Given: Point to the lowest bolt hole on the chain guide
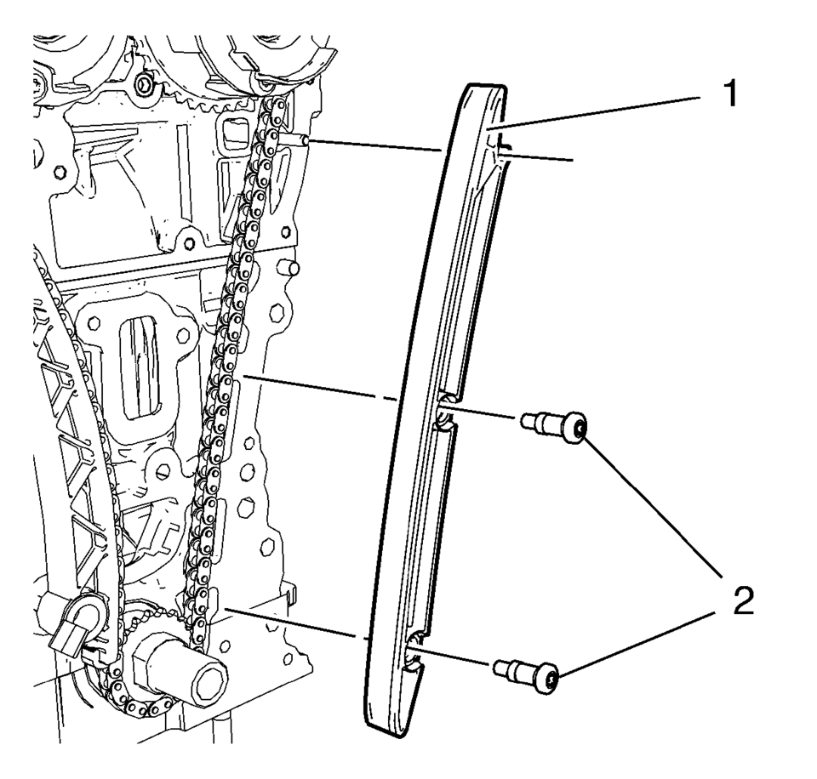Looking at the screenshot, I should pyautogui.click(x=414, y=654).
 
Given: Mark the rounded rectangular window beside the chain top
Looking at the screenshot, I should pyautogui.click(x=230, y=137).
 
